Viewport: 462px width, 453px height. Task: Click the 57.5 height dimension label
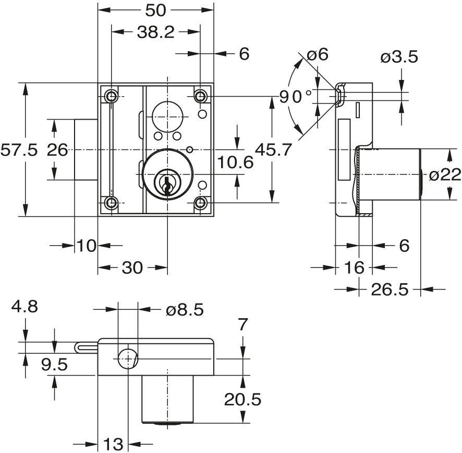[x=19, y=150]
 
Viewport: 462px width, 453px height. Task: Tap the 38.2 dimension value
[x=155, y=32]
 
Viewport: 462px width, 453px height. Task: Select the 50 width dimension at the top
[x=155, y=9]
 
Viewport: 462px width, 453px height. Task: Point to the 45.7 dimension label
[x=273, y=150]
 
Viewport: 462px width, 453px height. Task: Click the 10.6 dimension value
[x=235, y=162]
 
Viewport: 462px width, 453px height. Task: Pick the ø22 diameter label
[x=445, y=175]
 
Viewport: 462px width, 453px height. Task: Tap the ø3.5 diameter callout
[x=399, y=57]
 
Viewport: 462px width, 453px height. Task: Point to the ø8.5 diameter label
[x=185, y=310]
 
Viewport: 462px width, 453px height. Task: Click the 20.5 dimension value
[x=242, y=400]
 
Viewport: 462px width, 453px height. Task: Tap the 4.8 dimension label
[x=25, y=307]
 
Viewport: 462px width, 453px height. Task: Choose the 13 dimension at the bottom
[x=113, y=445]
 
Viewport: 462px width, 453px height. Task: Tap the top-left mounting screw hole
[x=111, y=96]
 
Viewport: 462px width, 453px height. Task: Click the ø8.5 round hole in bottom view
[x=127, y=359]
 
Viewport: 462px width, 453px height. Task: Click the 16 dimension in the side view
[x=354, y=268]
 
